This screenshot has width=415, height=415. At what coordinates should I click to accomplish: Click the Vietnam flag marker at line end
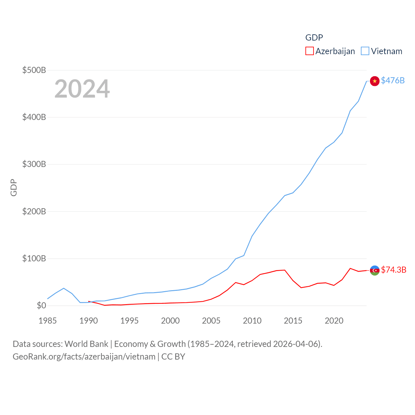pyautogui.click(x=374, y=81)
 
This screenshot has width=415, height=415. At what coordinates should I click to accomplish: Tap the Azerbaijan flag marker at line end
pyautogui.click(x=374, y=270)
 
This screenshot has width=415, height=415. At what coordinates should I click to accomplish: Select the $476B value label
pyautogui.click(x=393, y=80)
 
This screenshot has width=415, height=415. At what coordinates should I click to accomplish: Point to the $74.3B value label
pyautogui.click(x=394, y=270)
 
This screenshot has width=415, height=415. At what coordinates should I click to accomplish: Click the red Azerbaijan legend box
pyautogui.click(x=309, y=51)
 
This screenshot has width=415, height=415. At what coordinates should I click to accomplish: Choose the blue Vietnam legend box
pyautogui.click(x=365, y=51)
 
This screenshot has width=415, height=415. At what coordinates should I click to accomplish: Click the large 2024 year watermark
pyautogui.click(x=82, y=89)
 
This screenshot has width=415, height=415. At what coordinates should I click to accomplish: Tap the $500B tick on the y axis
pyautogui.click(x=34, y=70)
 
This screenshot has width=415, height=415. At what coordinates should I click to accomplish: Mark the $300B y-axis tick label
pyautogui.click(x=34, y=164)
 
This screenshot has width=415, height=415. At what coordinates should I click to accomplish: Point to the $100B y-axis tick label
pyautogui.click(x=34, y=258)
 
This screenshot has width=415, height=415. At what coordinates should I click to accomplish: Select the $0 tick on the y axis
pyautogui.click(x=41, y=305)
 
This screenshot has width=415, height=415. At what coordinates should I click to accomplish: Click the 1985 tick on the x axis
pyautogui.click(x=47, y=321)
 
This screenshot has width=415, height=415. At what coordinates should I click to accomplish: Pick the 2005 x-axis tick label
pyautogui.click(x=211, y=321)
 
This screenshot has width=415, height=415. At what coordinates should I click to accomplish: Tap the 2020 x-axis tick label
pyautogui.click(x=334, y=321)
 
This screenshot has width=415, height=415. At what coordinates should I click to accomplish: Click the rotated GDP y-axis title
pyautogui.click(x=14, y=187)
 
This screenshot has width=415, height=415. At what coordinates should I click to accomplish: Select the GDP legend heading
pyautogui.click(x=314, y=38)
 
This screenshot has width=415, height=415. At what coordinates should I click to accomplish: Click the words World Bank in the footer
pyautogui.click(x=86, y=344)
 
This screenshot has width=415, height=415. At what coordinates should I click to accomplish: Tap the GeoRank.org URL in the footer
pyautogui.click(x=84, y=357)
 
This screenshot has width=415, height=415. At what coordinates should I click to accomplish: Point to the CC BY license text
pyautogui.click(x=173, y=357)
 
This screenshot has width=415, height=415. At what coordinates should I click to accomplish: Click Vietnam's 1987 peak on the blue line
pyautogui.click(x=64, y=288)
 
